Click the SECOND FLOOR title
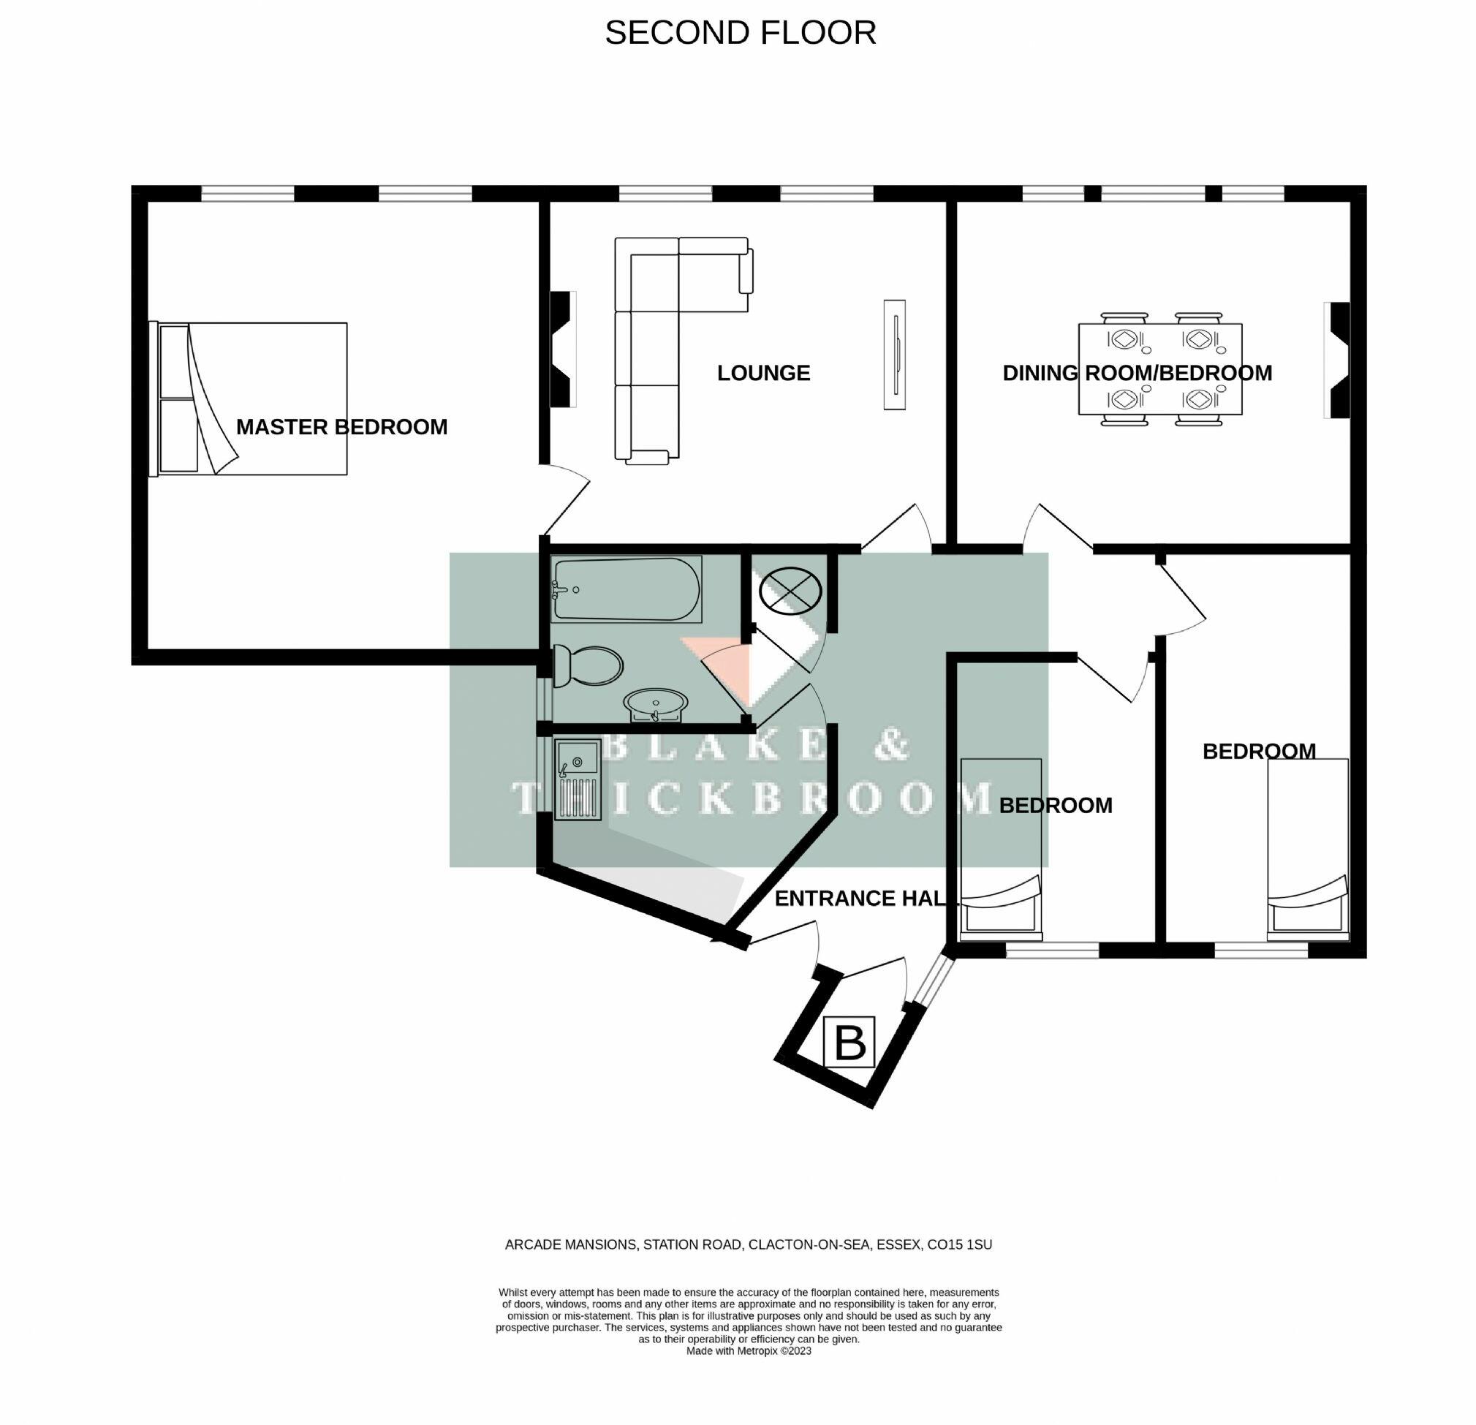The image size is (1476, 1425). [x=741, y=33]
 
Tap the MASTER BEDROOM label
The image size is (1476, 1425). [x=341, y=427]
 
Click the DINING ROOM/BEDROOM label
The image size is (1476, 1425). [x=1137, y=373]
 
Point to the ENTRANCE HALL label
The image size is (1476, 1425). [x=858, y=898]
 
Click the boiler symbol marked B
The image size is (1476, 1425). [x=849, y=1042]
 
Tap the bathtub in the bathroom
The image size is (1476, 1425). [x=627, y=590]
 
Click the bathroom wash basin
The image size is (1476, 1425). [x=655, y=705]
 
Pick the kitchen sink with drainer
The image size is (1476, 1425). [x=578, y=779]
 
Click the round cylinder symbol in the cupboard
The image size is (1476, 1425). [x=790, y=591]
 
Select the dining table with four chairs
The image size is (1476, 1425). [x=1159, y=369]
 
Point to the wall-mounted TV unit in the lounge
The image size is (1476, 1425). [x=895, y=355]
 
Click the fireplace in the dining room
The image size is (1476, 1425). [x=1339, y=360]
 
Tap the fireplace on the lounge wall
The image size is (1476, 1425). [x=561, y=350]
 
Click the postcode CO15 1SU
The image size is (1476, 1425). [x=959, y=1245]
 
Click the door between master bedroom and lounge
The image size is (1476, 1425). [x=565, y=499]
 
